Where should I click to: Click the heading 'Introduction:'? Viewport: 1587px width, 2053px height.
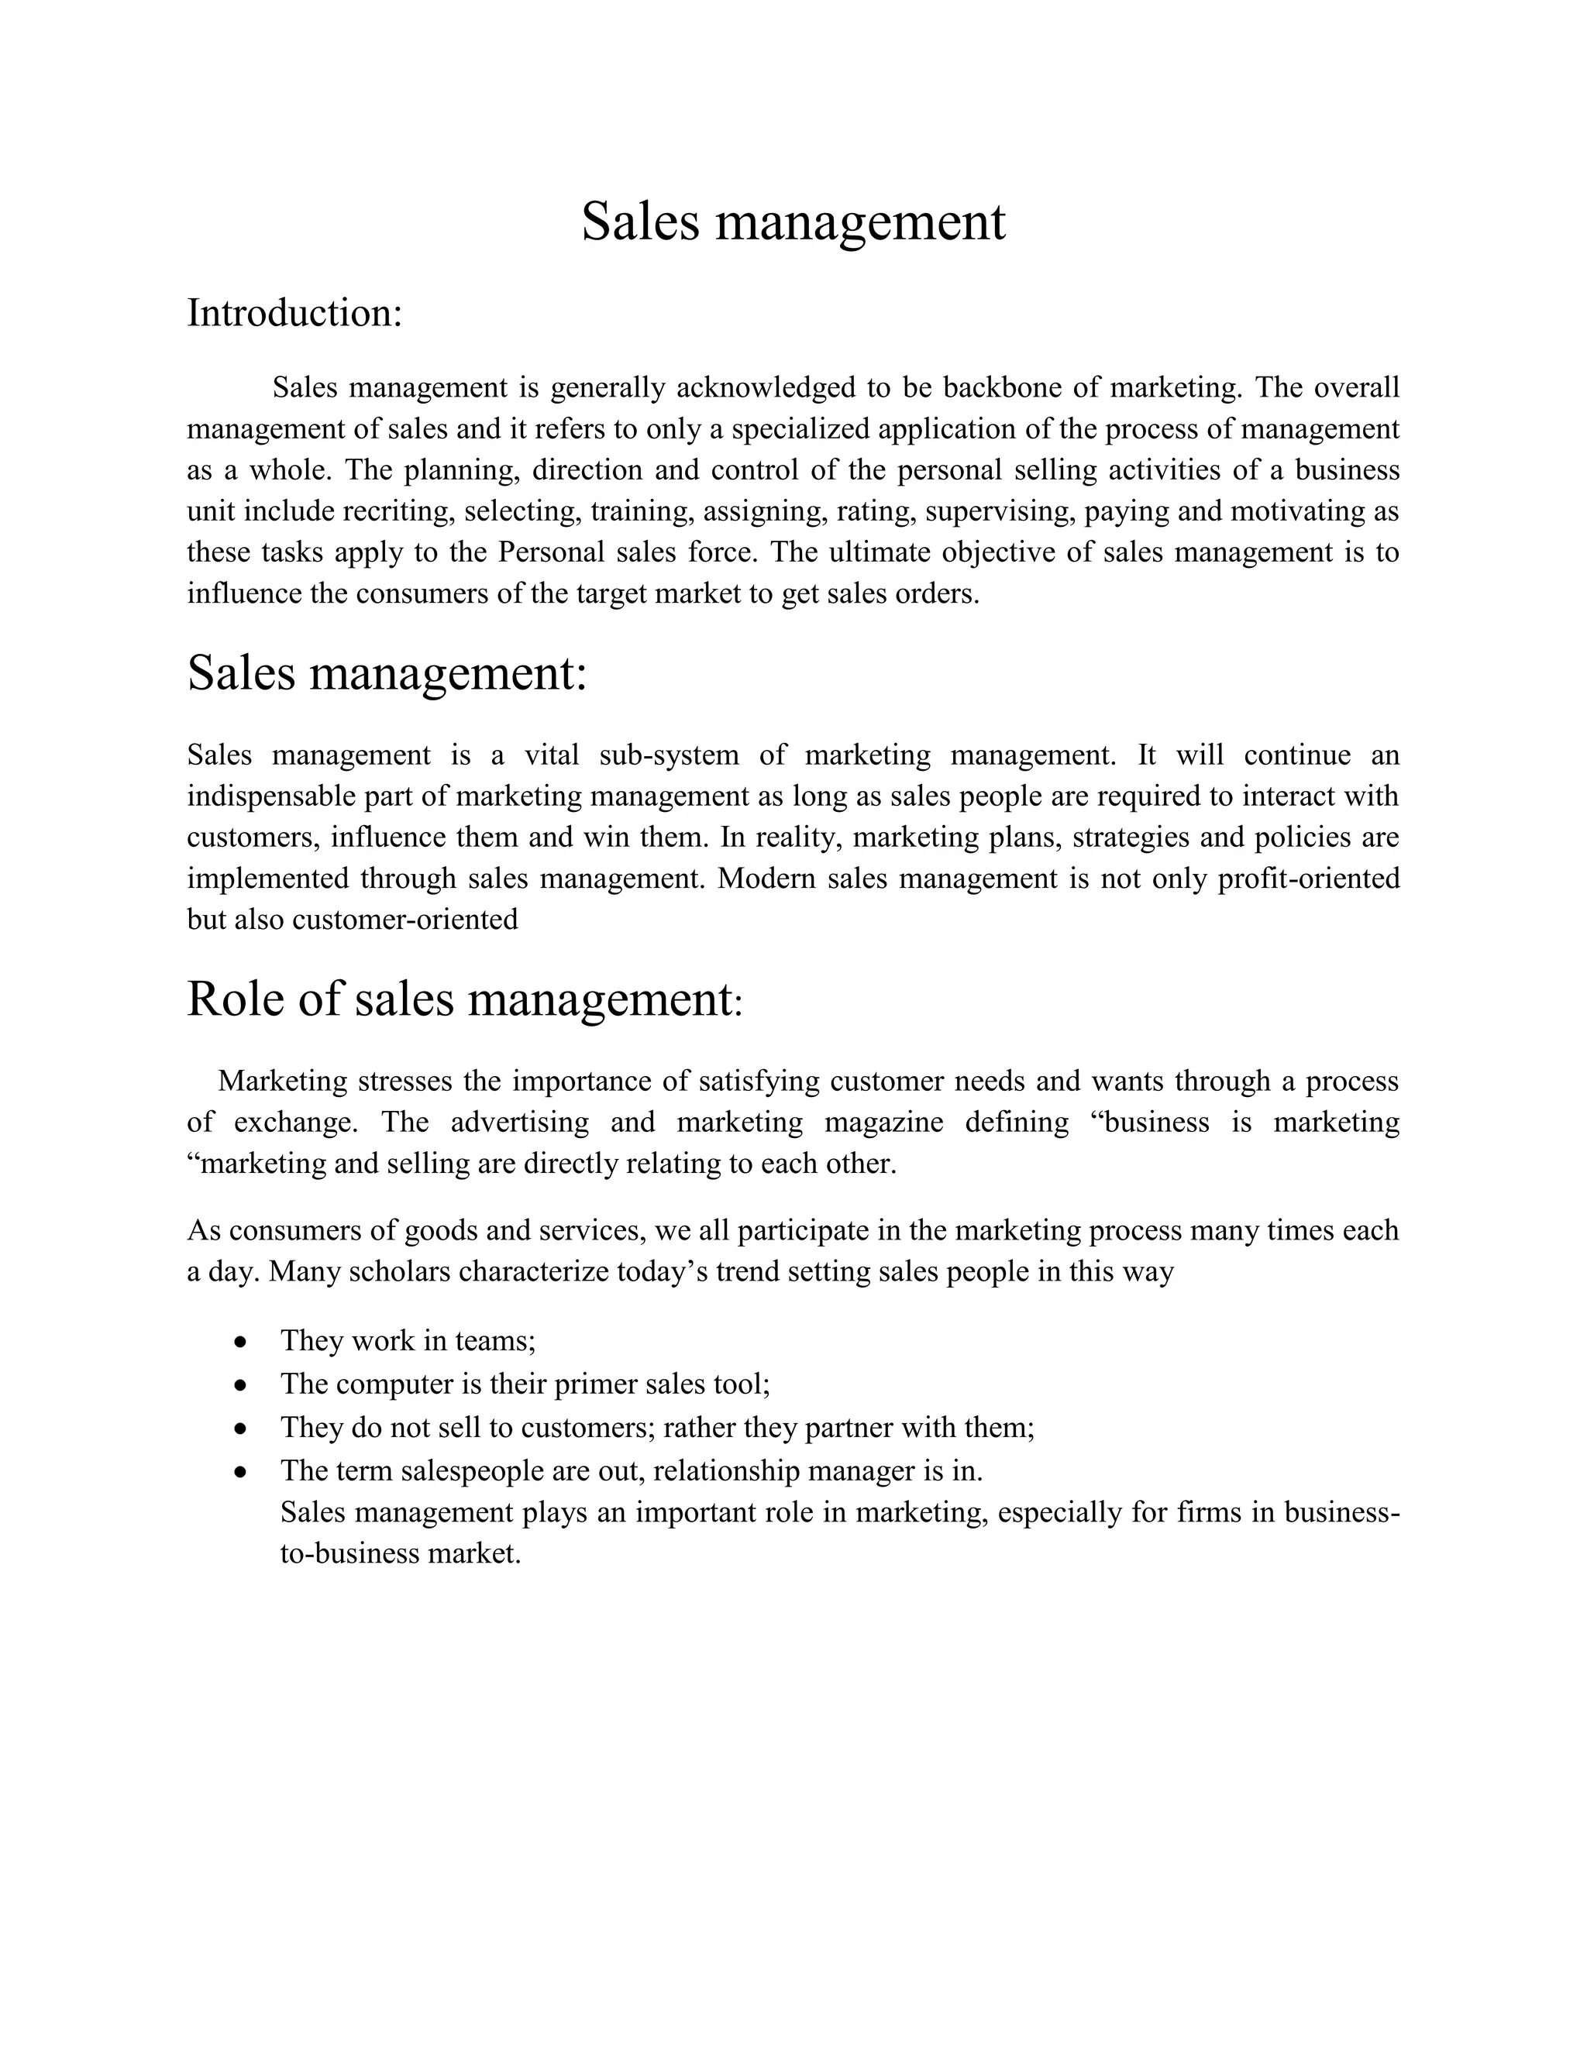click(x=294, y=313)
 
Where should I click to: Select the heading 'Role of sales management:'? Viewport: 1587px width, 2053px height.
click(x=464, y=999)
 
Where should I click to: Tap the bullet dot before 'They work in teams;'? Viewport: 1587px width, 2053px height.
click(x=242, y=1341)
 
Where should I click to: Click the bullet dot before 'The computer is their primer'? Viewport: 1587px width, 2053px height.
click(x=242, y=1384)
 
